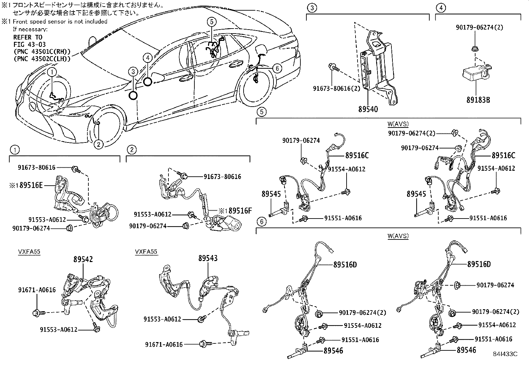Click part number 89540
[368, 109]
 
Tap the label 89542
[83, 259]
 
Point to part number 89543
[208, 258]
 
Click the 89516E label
[31, 185]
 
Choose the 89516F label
[241, 210]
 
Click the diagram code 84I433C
[505, 354]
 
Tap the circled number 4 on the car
[148, 58]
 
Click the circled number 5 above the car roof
[212, 22]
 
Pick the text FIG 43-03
[30, 44]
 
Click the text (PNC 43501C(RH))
[42, 51]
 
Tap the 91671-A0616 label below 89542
[37, 290]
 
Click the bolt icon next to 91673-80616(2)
[334, 67]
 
